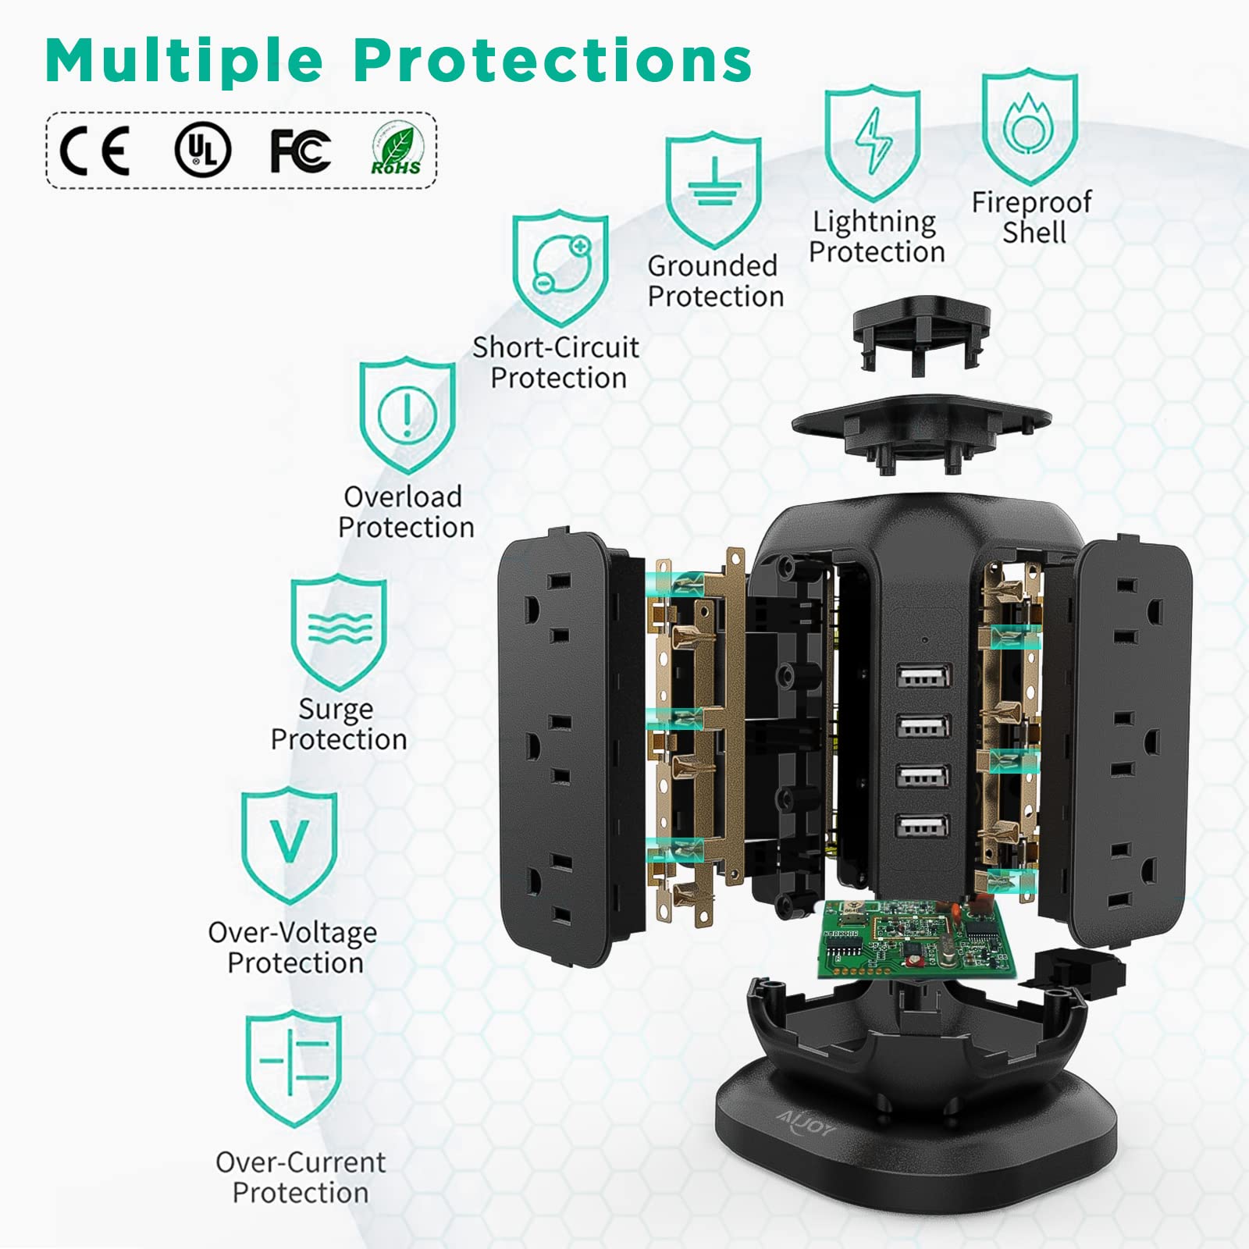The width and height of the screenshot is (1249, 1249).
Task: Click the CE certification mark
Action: (x=94, y=150)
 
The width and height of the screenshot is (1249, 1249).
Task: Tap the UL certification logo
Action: (x=202, y=150)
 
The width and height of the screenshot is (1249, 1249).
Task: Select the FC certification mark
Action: (x=301, y=150)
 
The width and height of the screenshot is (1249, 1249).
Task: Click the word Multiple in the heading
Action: (x=184, y=59)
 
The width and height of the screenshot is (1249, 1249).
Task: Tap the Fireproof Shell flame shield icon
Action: (x=1030, y=126)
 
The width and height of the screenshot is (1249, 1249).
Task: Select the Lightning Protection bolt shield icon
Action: (x=873, y=145)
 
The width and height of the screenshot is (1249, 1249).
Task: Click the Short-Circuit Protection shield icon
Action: (x=560, y=268)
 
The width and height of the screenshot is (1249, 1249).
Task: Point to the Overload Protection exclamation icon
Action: (x=407, y=415)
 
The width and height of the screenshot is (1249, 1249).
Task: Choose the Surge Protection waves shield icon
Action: (x=339, y=632)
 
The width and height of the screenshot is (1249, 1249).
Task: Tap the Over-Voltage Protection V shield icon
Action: (x=289, y=845)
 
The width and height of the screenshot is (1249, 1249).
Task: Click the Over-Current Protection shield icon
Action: (x=294, y=1068)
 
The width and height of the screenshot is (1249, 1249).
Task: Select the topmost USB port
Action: (x=923, y=676)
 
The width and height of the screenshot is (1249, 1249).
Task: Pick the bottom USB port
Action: (x=923, y=827)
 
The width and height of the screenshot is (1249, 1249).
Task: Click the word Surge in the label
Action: (x=336, y=709)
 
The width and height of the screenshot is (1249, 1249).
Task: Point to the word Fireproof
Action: (x=1031, y=202)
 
